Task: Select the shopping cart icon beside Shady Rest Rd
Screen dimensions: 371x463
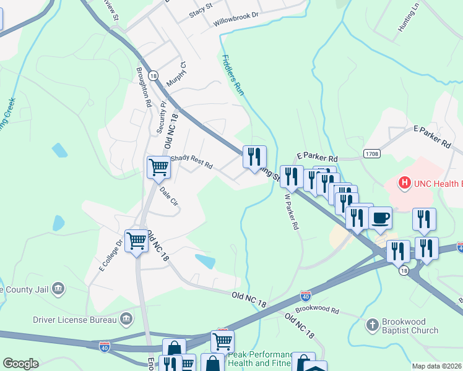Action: click(158, 166)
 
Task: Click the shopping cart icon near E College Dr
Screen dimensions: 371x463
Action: click(136, 241)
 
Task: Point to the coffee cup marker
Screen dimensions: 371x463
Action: click(380, 218)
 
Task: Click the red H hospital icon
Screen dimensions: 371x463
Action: click(404, 183)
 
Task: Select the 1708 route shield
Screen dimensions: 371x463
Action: click(371, 154)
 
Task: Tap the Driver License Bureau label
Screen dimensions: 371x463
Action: click(75, 320)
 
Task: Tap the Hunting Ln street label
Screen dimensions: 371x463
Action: click(409, 17)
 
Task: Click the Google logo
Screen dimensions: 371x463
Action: click(20, 364)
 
